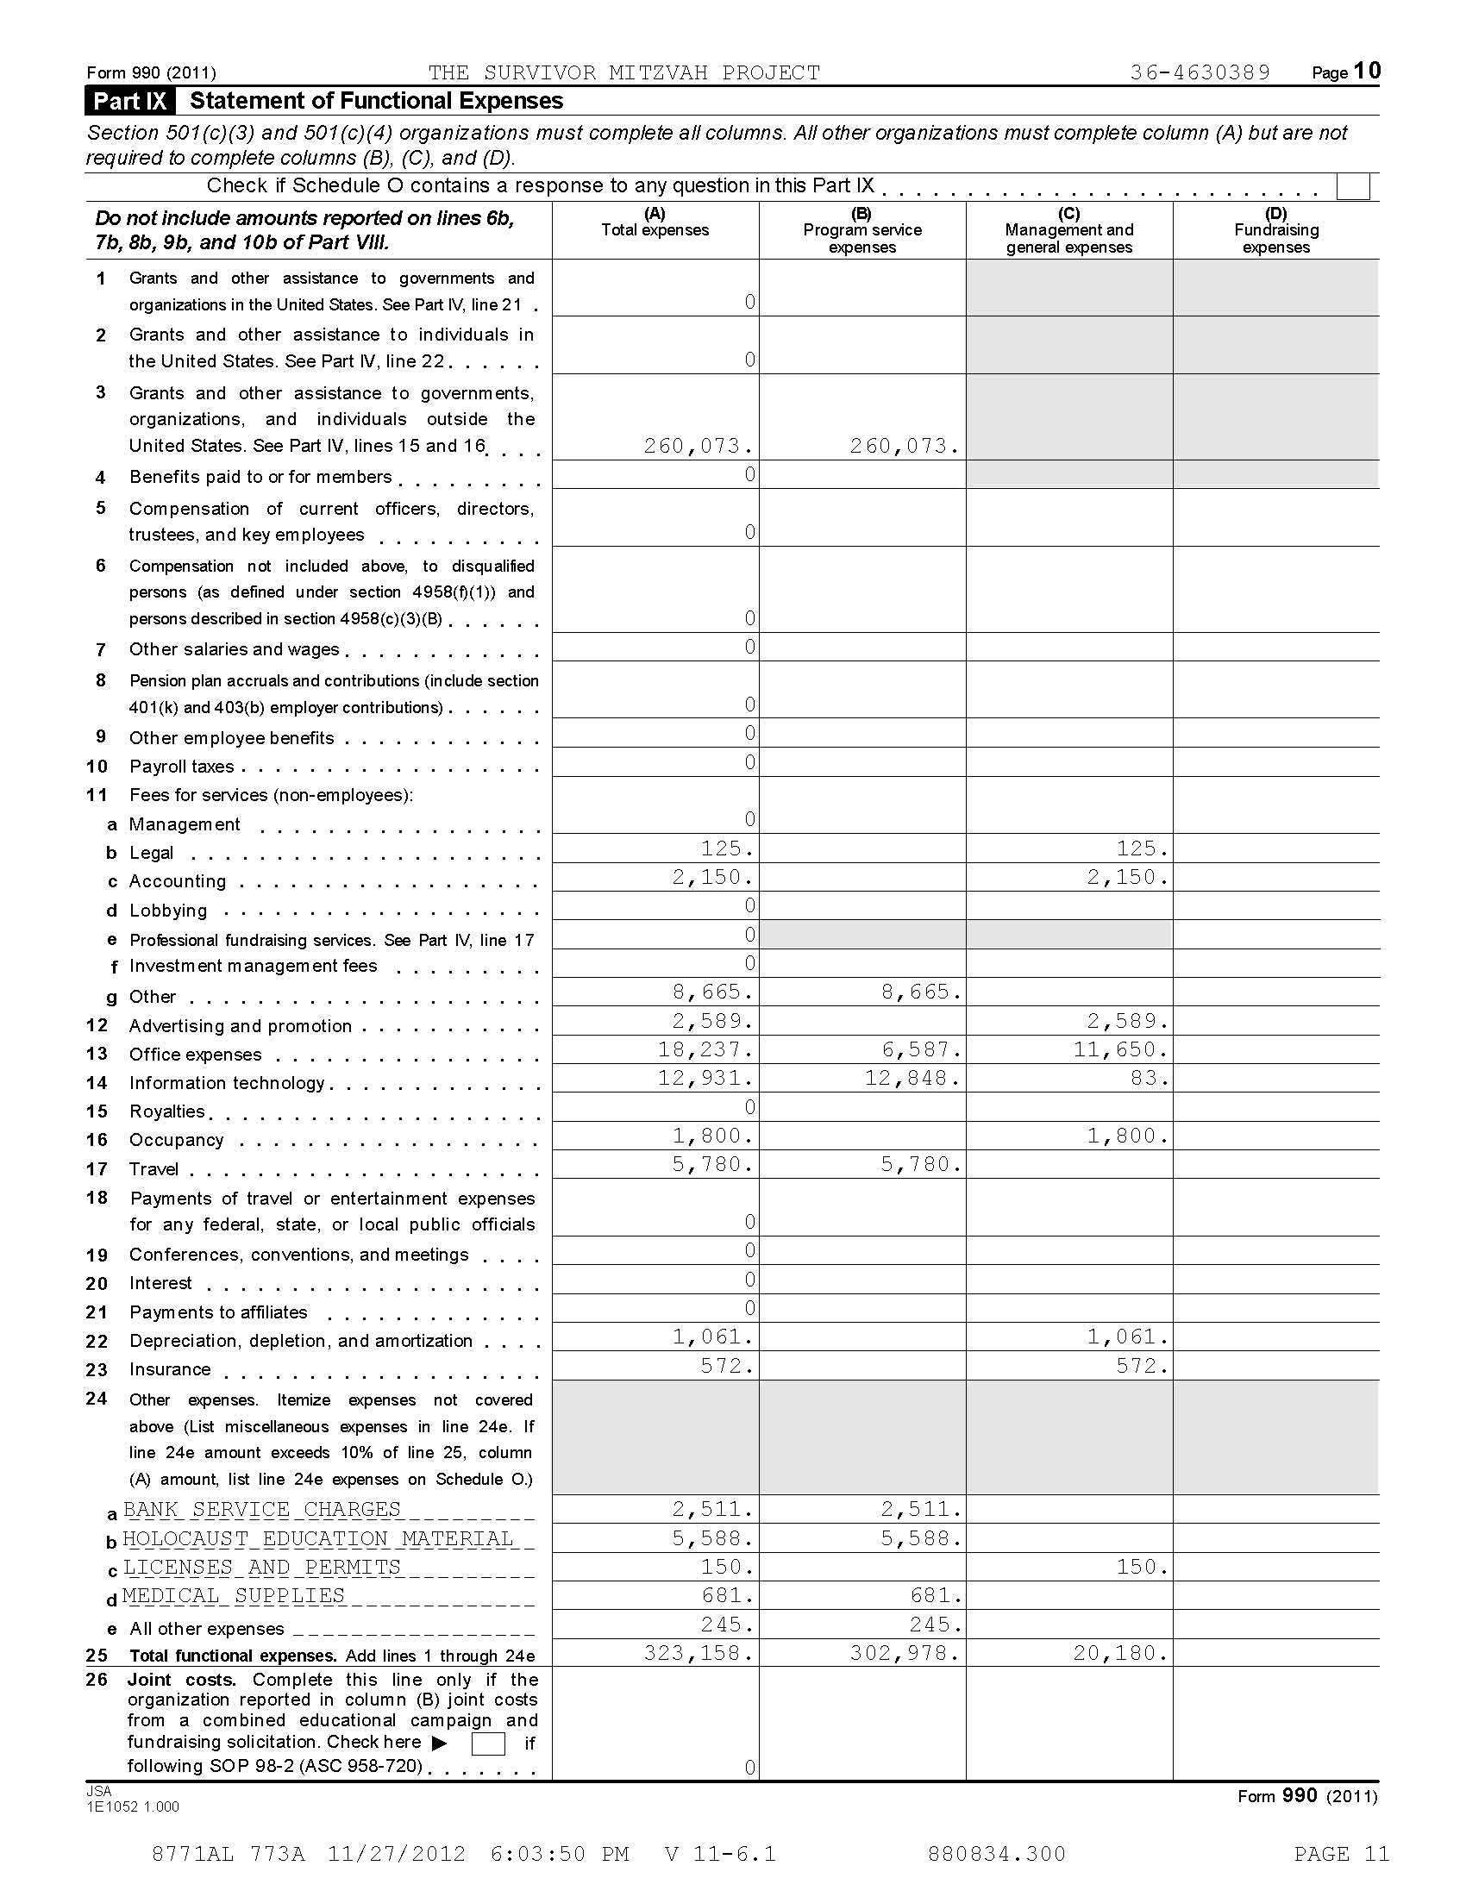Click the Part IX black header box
click(130, 101)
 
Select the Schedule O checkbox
click(1353, 187)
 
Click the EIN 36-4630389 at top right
click(1200, 72)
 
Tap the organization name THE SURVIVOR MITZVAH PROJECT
click(623, 73)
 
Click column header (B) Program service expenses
click(861, 231)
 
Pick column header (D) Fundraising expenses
click(1275, 231)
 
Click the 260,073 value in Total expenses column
click(698, 446)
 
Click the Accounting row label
click(177, 881)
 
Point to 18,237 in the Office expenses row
click(705, 1049)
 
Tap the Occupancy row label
click(176, 1141)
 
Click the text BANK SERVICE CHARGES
click(261, 1510)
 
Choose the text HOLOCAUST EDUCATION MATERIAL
click(318, 1539)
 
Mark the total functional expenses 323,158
click(698, 1653)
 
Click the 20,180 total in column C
click(1119, 1653)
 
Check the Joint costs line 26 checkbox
click(487, 1744)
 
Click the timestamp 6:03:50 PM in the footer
click(560, 1855)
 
